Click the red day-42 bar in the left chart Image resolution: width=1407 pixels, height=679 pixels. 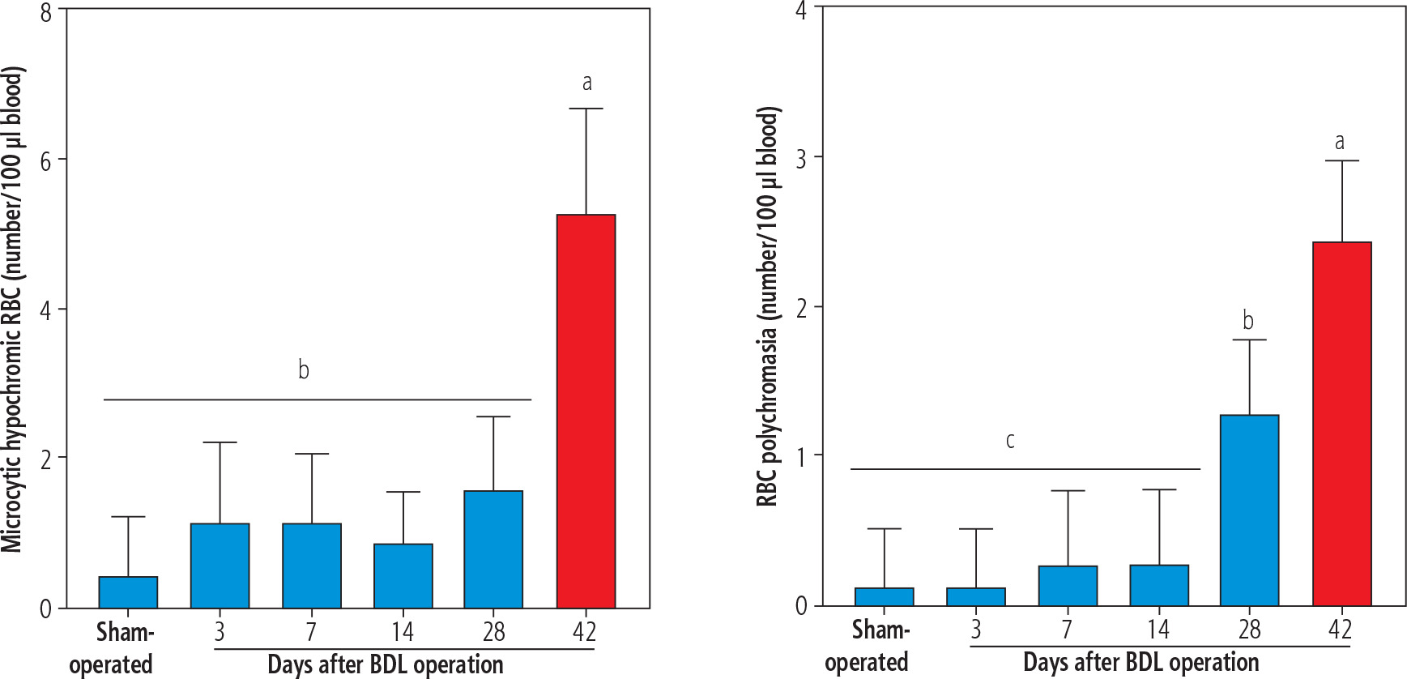586,411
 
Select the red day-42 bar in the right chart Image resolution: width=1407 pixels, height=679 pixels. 1341,423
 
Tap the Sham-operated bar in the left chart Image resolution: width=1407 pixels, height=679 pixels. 128,592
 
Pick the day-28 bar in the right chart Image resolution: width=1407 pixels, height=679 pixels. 1249,510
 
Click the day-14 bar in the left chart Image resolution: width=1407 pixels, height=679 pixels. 403,575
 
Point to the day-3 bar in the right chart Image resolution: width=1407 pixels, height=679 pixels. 975,596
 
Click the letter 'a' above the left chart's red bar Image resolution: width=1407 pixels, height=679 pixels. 587,82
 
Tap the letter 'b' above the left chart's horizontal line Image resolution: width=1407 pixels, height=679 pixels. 304,370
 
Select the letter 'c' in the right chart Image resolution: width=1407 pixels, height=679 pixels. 1010,441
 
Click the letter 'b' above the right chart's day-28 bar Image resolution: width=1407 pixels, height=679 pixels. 1248,321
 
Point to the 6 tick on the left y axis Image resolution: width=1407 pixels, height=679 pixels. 45,161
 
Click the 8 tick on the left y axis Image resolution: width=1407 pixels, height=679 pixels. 45,13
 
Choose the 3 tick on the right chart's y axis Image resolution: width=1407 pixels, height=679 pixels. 801,158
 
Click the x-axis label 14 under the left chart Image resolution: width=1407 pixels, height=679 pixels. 403,631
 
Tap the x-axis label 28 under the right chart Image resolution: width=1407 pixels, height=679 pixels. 1249,629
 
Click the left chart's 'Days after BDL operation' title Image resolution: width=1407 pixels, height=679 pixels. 386,664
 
